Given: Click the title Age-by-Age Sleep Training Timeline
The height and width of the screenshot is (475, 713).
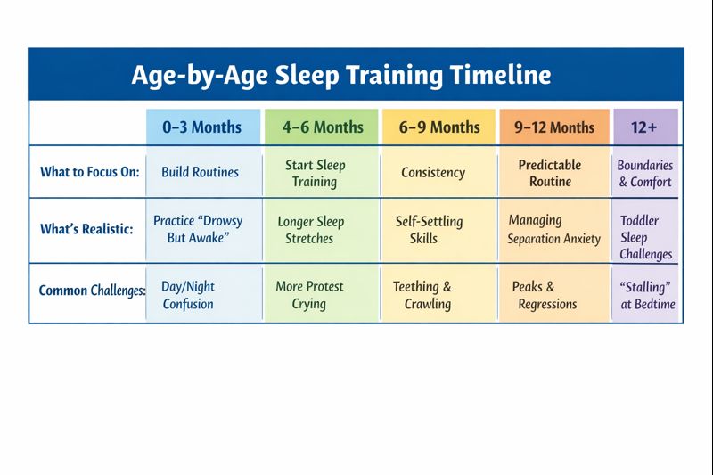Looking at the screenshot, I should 340,74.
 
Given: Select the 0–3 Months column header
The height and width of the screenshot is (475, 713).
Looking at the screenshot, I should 201,127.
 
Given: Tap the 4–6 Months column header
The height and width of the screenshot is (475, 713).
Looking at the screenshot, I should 323,127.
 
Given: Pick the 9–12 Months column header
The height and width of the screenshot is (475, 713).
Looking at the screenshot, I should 553,127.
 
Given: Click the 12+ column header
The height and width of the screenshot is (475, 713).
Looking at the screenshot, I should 644,127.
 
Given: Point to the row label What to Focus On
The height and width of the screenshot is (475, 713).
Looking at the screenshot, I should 90,172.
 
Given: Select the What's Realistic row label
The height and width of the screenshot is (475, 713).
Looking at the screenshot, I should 86,229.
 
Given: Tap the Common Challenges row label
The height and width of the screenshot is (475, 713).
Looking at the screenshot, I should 92,291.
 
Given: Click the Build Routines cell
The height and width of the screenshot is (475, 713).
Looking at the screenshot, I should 200,172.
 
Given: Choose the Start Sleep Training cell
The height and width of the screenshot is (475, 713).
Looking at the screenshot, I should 315,174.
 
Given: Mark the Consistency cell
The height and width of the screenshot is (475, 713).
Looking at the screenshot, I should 433,173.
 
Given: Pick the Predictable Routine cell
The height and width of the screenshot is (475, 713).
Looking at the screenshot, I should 550,173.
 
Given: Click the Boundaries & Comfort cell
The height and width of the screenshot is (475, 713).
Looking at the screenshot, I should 645,174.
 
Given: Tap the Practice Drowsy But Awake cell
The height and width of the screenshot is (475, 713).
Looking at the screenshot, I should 198,229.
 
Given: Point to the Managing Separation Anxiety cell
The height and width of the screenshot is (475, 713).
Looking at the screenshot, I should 553,229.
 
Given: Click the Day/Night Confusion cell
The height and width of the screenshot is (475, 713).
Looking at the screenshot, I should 188,295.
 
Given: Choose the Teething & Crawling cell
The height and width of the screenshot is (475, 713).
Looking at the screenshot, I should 422,295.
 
